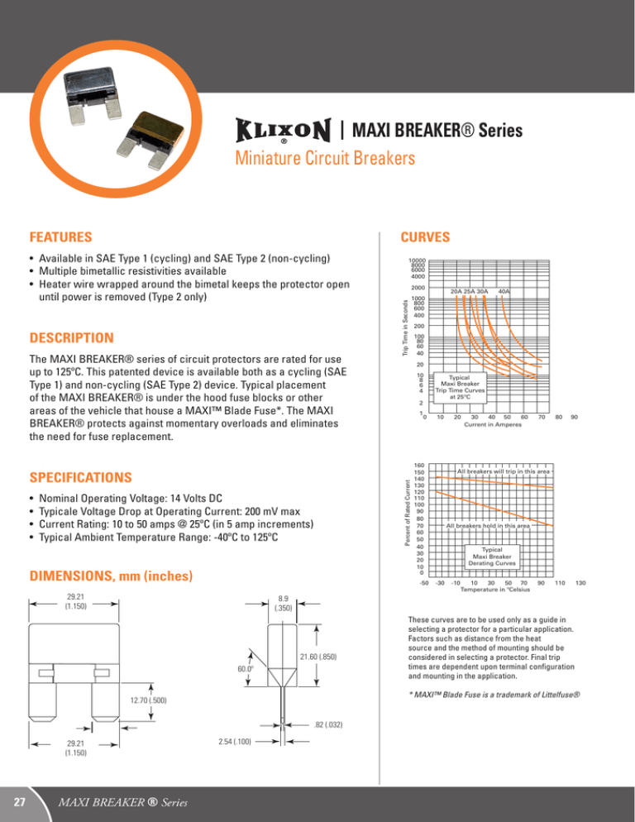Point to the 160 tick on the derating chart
(419, 465)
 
